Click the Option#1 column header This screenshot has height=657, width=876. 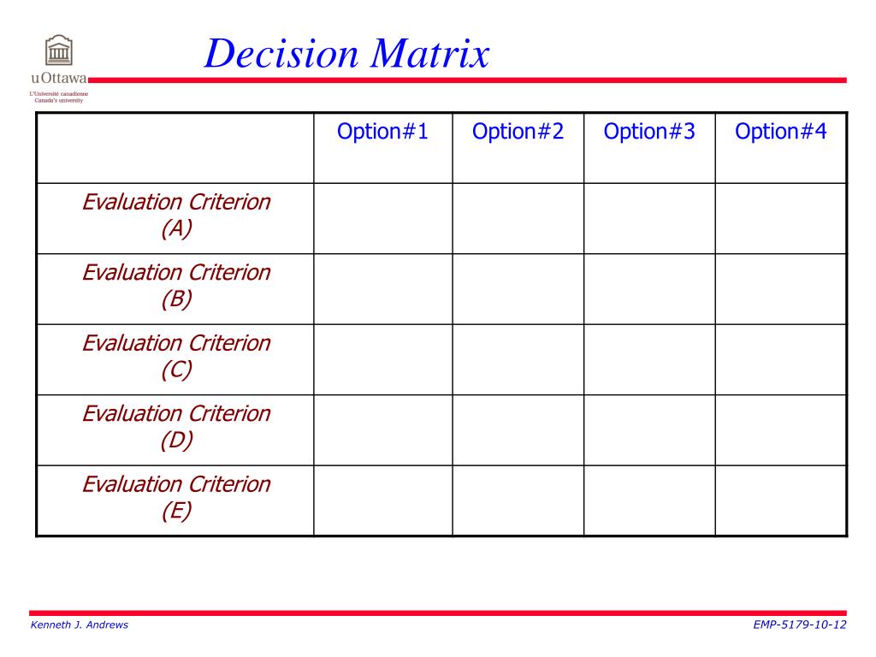[x=382, y=132]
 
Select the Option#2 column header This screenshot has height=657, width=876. [x=518, y=132]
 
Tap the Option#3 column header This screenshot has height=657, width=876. [x=649, y=132]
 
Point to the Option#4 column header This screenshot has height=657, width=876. [x=781, y=132]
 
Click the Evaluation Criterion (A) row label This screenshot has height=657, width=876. [x=176, y=216]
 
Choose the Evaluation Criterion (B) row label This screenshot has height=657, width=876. [x=176, y=286]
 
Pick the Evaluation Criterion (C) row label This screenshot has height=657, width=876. [x=176, y=356]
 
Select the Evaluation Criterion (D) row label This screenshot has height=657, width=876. [x=176, y=426]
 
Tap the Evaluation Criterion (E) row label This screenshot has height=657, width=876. [x=176, y=497]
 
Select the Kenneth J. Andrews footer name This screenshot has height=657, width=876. [x=79, y=624]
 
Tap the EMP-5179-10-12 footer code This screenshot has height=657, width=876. [x=800, y=624]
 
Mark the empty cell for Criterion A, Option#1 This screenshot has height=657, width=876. [x=382, y=218]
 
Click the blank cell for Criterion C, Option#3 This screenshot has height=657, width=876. [x=649, y=359]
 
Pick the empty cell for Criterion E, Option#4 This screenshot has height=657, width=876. [x=781, y=500]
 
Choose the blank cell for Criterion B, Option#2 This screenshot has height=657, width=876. [x=518, y=289]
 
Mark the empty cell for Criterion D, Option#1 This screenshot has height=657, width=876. [x=382, y=430]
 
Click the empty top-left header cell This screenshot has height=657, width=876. [x=175, y=147]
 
